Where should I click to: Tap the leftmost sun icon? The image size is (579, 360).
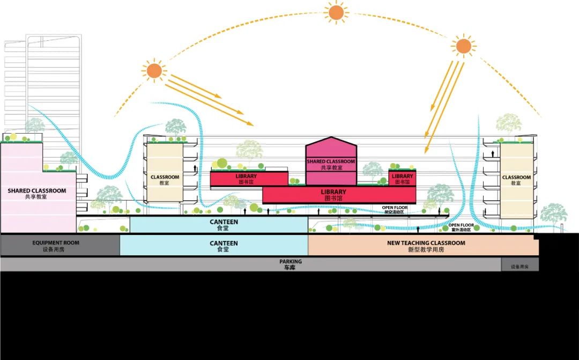[x=154, y=70]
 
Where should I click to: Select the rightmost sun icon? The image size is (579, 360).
[x=463, y=45]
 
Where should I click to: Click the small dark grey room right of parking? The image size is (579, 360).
[x=520, y=266]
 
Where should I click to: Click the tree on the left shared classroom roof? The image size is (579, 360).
[x=35, y=127]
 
